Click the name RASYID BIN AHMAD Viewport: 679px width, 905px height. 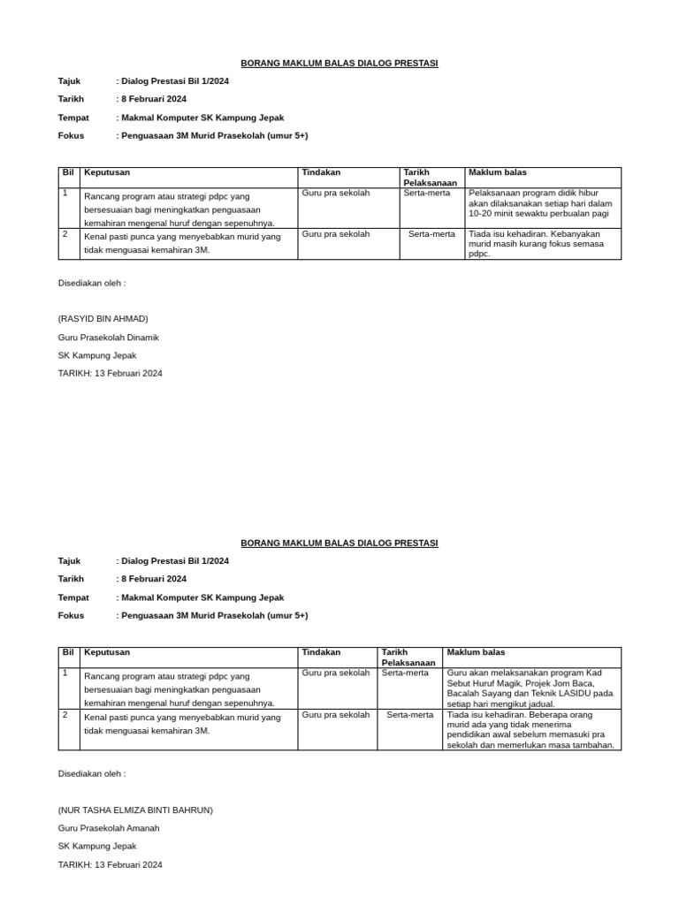pos(103,319)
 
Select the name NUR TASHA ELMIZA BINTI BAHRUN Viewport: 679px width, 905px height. pos(135,810)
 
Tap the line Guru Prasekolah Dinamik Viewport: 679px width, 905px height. pos(108,338)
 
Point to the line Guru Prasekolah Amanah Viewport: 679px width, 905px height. pos(109,828)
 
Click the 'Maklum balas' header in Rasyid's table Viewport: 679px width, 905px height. pos(497,172)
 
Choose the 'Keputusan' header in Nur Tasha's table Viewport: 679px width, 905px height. pos(107,652)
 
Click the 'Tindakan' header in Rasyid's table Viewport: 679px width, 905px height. pos(321,172)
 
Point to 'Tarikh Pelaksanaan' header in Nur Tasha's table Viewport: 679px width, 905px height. pos(408,658)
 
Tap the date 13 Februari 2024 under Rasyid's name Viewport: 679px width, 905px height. pos(110,374)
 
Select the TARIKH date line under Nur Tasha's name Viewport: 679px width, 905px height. pos(110,864)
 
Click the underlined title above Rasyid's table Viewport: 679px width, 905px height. pos(339,63)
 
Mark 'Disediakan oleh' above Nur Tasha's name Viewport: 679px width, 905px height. pos(92,773)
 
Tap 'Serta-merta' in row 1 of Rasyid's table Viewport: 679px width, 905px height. pos(427,193)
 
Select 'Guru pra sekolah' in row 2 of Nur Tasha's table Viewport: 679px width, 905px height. pos(336,715)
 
